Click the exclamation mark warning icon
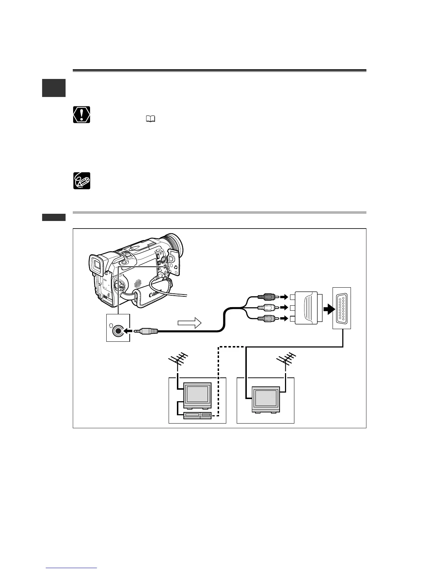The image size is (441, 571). (81, 115)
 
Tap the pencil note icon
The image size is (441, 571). (81, 181)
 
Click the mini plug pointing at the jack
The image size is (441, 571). (147, 330)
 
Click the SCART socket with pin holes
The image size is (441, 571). (341, 308)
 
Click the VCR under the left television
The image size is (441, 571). (197, 416)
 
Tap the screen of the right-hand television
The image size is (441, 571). (266, 398)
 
